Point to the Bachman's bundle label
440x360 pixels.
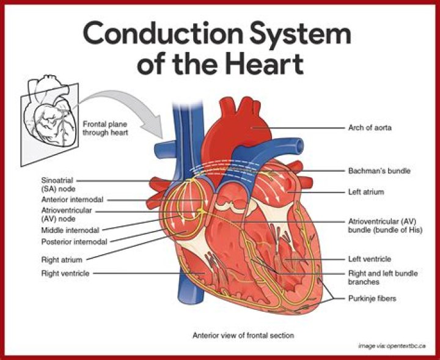click(x=379, y=171)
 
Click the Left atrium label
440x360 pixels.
click(x=366, y=191)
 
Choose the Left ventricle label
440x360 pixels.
click(x=370, y=259)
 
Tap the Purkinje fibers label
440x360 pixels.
click(x=372, y=298)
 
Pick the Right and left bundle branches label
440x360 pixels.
click(x=380, y=278)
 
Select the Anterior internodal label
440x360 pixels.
click(x=72, y=199)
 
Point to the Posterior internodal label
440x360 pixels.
click(x=74, y=241)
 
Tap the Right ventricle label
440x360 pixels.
click(x=65, y=273)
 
